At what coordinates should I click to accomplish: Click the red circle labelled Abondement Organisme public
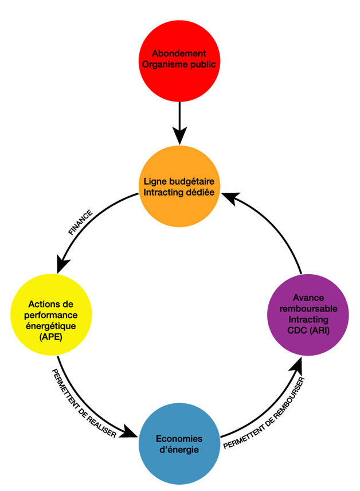pyautogui.click(x=179, y=60)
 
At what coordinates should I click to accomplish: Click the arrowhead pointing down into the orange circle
pyautogui.click(x=179, y=137)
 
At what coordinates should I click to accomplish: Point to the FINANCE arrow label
pyautogui.click(x=80, y=222)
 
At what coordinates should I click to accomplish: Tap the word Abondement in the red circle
pyautogui.click(x=179, y=54)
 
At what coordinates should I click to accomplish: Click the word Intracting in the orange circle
pyautogui.click(x=163, y=193)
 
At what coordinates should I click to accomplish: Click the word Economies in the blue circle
pyautogui.click(x=179, y=438)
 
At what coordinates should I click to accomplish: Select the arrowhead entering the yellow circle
pyautogui.click(x=62, y=266)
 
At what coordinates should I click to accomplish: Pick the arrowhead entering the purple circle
pyautogui.click(x=298, y=363)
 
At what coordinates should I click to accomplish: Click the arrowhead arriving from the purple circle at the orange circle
pyautogui.click(x=229, y=198)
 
